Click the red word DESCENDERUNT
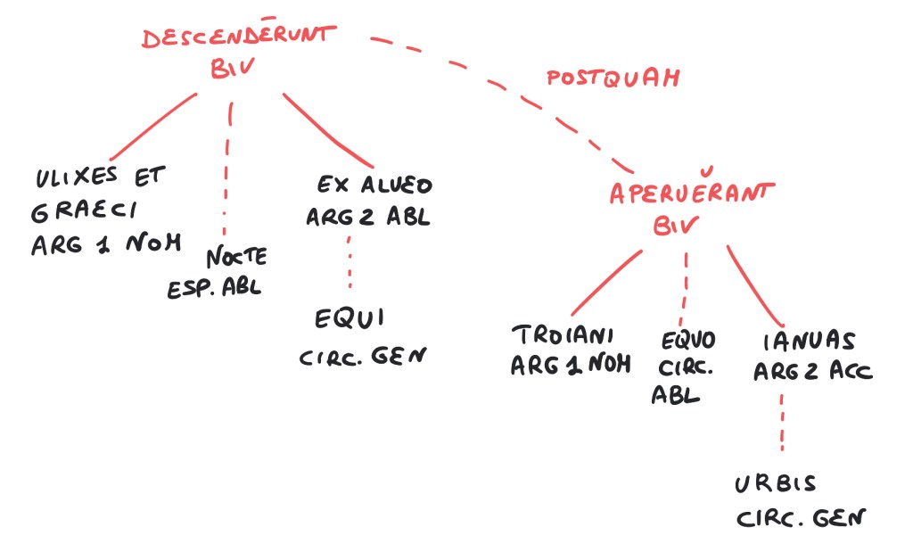239,36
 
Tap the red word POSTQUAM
613,78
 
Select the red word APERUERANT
691,191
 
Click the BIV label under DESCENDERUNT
233,68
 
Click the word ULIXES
77,177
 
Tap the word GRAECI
85,210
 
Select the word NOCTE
236,256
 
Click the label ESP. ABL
214,288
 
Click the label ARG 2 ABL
368,218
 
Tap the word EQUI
350,318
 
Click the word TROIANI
563,334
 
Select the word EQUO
687,340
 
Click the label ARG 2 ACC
813,371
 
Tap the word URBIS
775,484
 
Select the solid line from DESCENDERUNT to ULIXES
153,126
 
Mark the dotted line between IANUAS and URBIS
782,422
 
